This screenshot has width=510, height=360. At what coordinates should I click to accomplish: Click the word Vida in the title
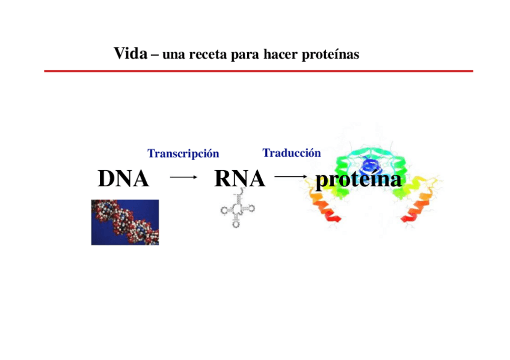[130, 54]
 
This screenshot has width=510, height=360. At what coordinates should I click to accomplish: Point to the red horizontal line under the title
[259, 71]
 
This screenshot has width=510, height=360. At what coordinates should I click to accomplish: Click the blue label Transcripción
[183, 154]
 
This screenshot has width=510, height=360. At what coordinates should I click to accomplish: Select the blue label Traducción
[292, 153]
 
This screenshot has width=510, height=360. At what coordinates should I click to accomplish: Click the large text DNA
[123, 178]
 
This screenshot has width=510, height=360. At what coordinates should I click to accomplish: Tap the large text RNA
[239, 178]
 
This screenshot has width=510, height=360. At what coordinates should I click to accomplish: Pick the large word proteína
[358, 179]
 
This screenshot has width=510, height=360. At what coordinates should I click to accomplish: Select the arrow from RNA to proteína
[291, 177]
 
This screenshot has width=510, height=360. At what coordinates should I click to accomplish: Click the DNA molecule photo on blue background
[124, 222]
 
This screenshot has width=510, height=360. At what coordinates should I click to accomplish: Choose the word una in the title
[172, 55]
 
